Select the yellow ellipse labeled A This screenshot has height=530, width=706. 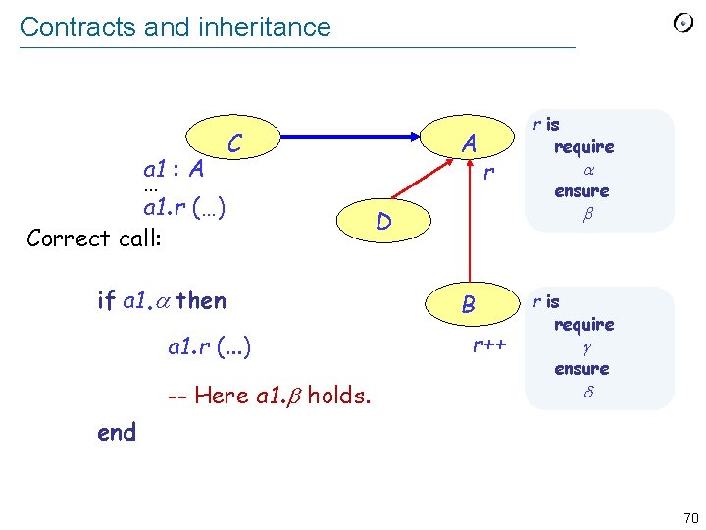pos(469,144)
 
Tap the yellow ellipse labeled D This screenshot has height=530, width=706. pos(384,223)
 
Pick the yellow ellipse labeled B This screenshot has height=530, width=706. pos(469,305)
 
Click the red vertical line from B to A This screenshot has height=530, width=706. pos(470,231)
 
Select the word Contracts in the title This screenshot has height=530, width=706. pos(77,26)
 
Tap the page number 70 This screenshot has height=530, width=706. pos(690,517)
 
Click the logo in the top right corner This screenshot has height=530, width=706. pos(683,24)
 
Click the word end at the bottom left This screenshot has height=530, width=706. pos(117,432)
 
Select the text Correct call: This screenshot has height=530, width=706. pos(94,238)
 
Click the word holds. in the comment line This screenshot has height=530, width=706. pos(339,396)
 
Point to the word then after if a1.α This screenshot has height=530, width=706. pos(202,301)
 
